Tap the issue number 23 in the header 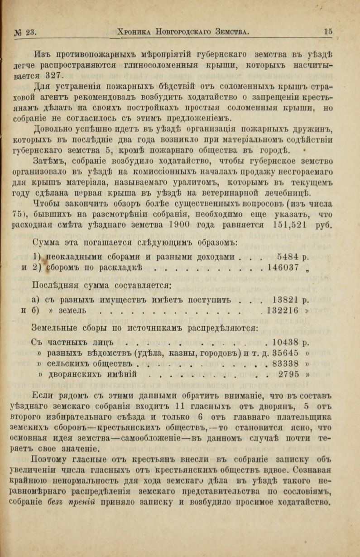(x=30, y=32)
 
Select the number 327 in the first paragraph (x=57, y=75)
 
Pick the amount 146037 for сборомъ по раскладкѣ (x=283, y=267)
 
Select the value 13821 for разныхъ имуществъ (x=287, y=299)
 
